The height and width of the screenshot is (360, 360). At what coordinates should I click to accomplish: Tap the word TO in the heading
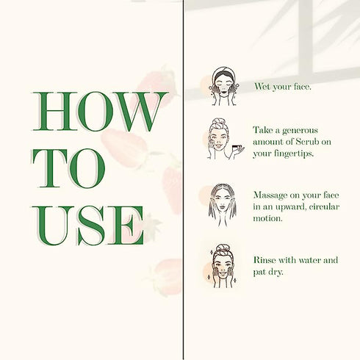(x=69, y=168)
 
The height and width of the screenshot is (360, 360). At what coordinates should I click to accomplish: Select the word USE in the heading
(x=87, y=226)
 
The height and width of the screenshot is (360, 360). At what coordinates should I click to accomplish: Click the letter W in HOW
(x=142, y=112)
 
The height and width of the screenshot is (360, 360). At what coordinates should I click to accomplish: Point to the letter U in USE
(x=53, y=226)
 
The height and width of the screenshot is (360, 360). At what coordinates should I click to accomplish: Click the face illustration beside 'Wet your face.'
(x=223, y=86)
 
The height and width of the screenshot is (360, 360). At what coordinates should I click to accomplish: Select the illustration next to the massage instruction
(x=223, y=205)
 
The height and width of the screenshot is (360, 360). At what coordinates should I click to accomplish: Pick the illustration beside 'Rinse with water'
(x=223, y=266)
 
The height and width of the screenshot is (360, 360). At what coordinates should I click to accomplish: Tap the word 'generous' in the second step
(x=300, y=131)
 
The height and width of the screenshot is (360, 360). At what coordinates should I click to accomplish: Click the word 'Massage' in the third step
(x=270, y=195)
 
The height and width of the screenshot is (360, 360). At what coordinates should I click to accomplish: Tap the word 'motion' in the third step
(x=267, y=218)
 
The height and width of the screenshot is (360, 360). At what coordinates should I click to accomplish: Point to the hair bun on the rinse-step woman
(x=223, y=248)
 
